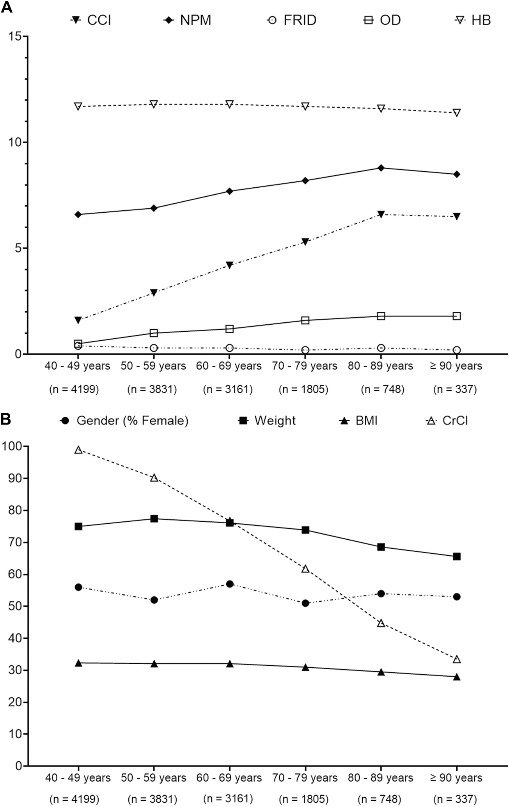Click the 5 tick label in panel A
point(16,248)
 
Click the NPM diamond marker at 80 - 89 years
point(381,168)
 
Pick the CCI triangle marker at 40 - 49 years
point(78,320)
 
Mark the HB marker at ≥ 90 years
point(457,113)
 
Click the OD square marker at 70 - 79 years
point(305,320)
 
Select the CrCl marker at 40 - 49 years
point(78,450)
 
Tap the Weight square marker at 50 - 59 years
point(154,519)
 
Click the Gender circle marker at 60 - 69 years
point(230,584)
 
